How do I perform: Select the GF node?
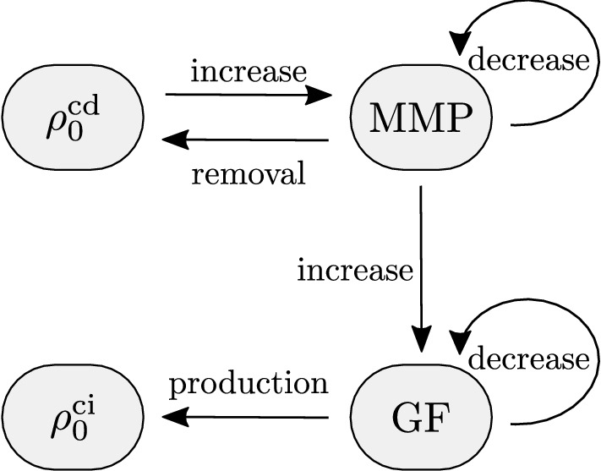pyautogui.click(x=420, y=414)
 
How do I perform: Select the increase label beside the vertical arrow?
pyautogui.click(x=355, y=271)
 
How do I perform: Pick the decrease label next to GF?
pyautogui.click(x=527, y=359)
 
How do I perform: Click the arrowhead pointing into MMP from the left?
pyautogui.click(x=320, y=95)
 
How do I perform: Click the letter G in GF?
pyautogui.click(x=406, y=415)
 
